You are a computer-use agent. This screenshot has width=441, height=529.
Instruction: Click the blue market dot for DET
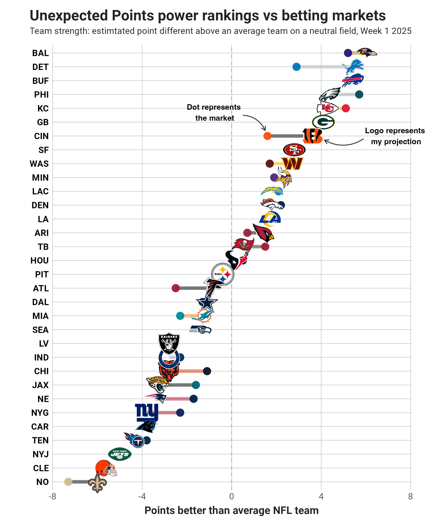tap(296, 67)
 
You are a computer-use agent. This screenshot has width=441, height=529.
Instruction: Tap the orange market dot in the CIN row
tap(267, 136)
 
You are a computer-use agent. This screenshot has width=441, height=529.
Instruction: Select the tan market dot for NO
tap(68, 482)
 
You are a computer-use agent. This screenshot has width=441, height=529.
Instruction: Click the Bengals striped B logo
tap(312, 136)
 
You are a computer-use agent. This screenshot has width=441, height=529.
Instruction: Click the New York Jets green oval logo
tap(120, 454)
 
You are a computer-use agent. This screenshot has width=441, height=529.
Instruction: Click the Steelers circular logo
tap(222, 274)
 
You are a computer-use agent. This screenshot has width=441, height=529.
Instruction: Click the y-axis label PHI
tap(41, 95)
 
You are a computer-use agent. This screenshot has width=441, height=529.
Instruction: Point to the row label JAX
tap(40, 385)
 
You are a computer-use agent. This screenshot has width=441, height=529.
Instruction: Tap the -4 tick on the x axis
tap(142, 496)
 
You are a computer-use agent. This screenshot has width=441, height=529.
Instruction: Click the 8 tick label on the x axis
tap(410, 496)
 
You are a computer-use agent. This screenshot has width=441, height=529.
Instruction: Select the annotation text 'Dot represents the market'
tap(214, 113)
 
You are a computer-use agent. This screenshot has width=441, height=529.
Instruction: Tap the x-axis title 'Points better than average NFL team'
tap(231, 511)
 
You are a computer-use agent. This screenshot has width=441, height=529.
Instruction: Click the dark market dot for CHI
tap(207, 371)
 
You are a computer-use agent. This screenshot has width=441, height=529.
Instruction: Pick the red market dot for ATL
tap(176, 288)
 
